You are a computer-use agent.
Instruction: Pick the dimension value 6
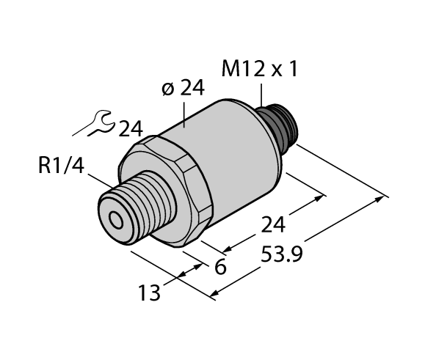pyautogui.click(x=219, y=267)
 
